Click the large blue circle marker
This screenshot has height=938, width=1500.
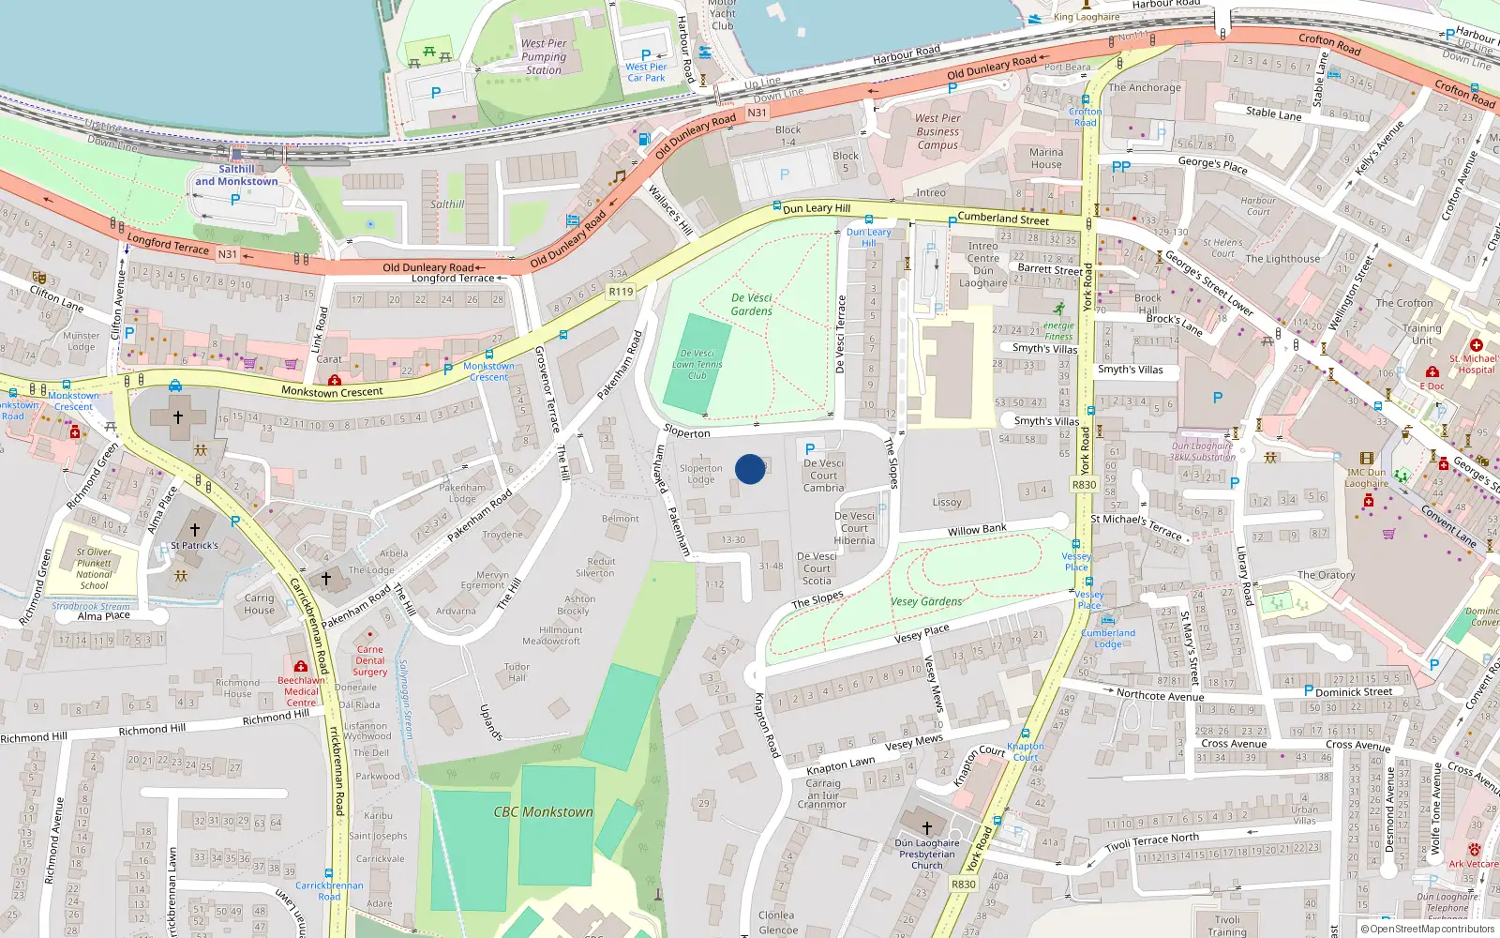click(750, 469)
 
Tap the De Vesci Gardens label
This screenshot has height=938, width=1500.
click(752, 304)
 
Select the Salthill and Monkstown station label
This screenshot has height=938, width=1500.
click(236, 175)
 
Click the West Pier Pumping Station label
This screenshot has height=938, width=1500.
click(544, 56)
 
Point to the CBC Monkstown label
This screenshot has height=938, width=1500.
click(544, 811)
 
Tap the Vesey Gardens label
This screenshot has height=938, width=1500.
click(926, 601)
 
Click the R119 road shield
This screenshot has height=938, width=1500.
click(621, 292)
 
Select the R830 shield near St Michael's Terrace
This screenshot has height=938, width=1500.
click(1084, 485)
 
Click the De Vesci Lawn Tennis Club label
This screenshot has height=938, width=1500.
click(697, 364)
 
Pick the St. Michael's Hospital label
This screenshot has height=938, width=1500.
click(1473, 364)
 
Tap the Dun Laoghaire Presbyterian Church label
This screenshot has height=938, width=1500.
click(927, 854)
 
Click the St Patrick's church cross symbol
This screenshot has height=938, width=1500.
click(195, 530)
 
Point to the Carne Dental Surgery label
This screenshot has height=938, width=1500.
click(370, 660)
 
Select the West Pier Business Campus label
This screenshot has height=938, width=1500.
click(937, 131)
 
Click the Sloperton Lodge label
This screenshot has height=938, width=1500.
click(701, 474)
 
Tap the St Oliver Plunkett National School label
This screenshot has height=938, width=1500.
click(94, 568)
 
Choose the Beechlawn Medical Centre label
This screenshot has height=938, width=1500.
click(301, 691)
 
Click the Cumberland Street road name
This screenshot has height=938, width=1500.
click(1003, 219)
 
